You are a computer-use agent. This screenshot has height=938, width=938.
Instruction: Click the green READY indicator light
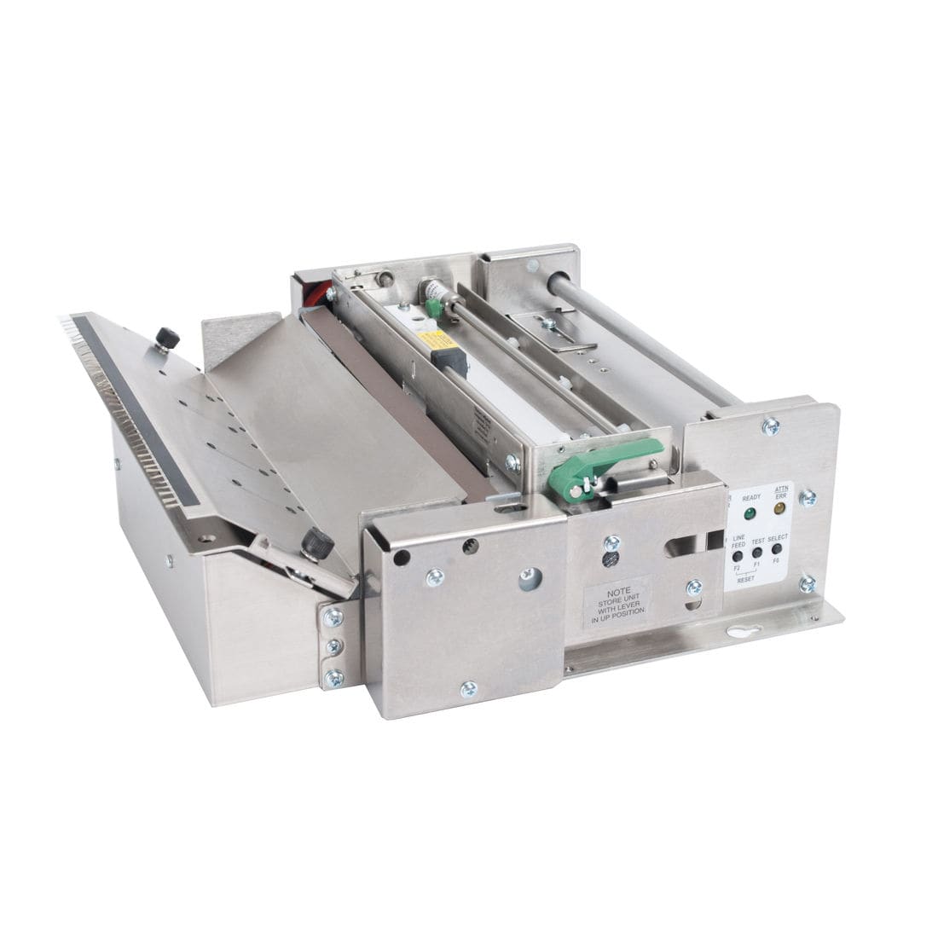750,514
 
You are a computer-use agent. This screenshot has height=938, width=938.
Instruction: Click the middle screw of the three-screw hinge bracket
333,646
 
